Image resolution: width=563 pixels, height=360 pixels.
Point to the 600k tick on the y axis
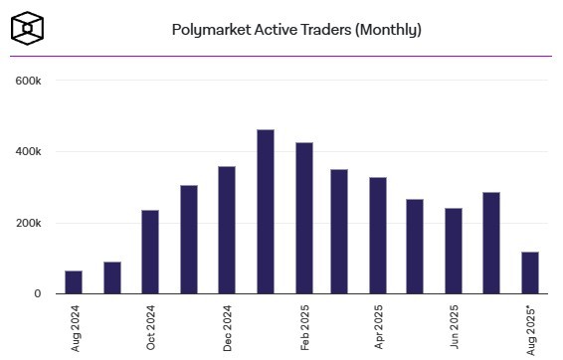pos(26,81)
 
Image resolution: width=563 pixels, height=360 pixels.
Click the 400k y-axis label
pos(26,152)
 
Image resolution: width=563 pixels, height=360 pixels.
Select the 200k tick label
pos(26,223)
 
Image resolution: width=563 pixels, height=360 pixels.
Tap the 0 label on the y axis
pos(37,294)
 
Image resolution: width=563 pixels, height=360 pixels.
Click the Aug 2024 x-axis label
pos(75,329)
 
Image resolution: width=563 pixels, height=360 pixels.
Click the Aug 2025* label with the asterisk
pos(530,328)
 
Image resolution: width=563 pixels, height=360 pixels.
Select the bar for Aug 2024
pos(74,282)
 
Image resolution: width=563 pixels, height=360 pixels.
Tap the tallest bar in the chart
pos(265,212)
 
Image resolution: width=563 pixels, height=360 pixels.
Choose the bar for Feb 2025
pos(303,218)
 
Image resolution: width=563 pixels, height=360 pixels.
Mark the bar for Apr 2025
pos(378,236)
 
